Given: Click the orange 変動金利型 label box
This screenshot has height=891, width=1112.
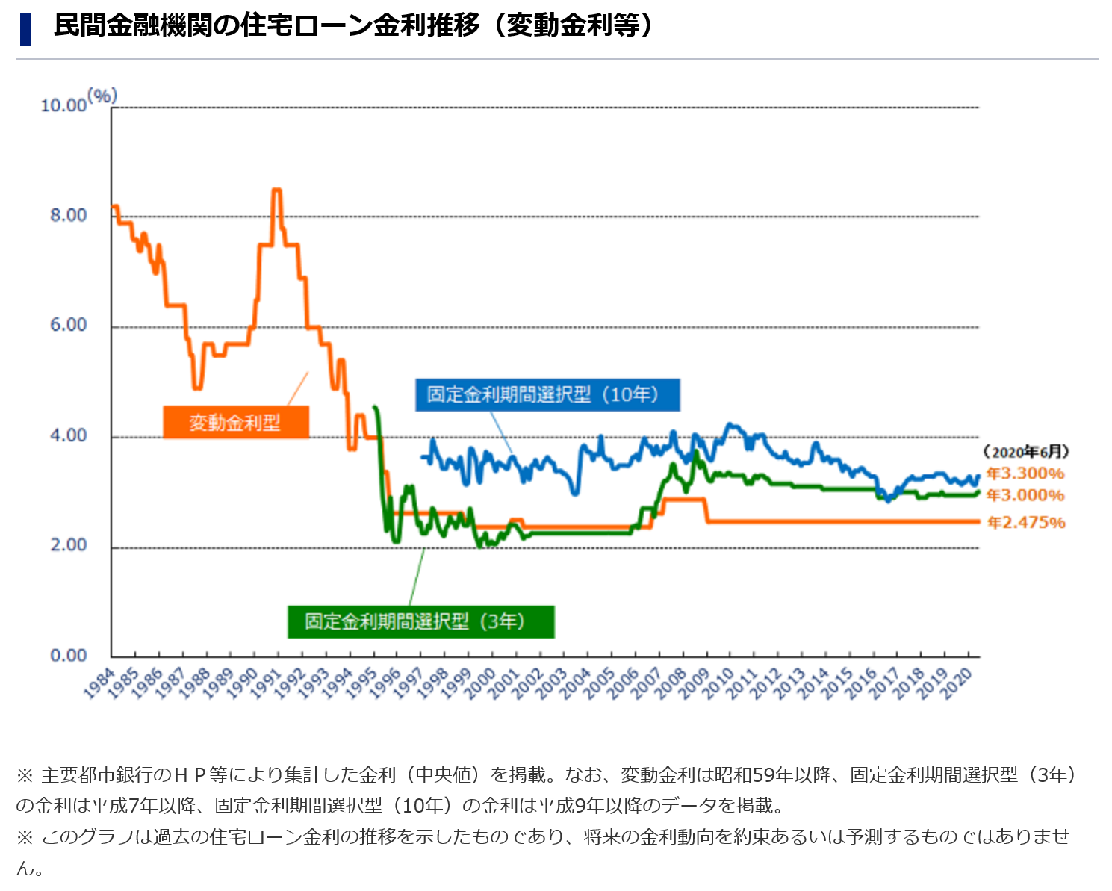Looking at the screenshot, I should pyautogui.click(x=235, y=423).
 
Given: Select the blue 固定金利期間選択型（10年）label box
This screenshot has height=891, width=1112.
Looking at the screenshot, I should pyautogui.click(x=547, y=394).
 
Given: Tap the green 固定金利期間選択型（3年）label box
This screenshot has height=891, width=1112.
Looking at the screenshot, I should pyautogui.click(x=420, y=621).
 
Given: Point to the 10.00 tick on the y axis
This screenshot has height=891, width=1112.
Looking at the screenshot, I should pyautogui.click(x=63, y=105).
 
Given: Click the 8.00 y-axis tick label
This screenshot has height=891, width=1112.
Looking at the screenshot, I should pyautogui.click(x=68, y=216).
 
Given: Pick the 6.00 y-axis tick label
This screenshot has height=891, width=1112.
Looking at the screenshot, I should pyautogui.click(x=68, y=325).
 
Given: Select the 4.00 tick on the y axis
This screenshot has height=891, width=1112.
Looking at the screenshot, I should pyautogui.click(x=68, y=435).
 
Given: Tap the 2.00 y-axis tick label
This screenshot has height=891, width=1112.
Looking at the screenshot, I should pyautogui.click(x=68, y=545).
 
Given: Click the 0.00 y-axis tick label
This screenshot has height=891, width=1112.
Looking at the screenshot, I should pyautogui.click(x=68, y=656).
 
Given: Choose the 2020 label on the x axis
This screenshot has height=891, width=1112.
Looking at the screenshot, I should pyautogui.click(x=957, y=683).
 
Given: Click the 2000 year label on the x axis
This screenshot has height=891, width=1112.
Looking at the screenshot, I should pyautogui.click(x=481, y=683).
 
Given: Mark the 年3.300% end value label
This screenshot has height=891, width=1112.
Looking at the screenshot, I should pyautogui.click(x=1025, y=474).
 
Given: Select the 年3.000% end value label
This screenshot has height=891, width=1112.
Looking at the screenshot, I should pyautogui.click(x=1025, y=495).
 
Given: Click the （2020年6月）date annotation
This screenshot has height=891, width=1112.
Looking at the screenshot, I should pyautogui.click(x=1026, y=452).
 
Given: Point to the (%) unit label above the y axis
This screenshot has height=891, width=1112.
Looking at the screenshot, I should pyautogui.click(x=102, y=96).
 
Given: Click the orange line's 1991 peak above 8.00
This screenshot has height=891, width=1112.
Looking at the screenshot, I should pyautogui.click(x=276, y=190).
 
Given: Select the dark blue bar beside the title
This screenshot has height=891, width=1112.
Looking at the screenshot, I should pyautogui.click(x=25, y=29).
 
